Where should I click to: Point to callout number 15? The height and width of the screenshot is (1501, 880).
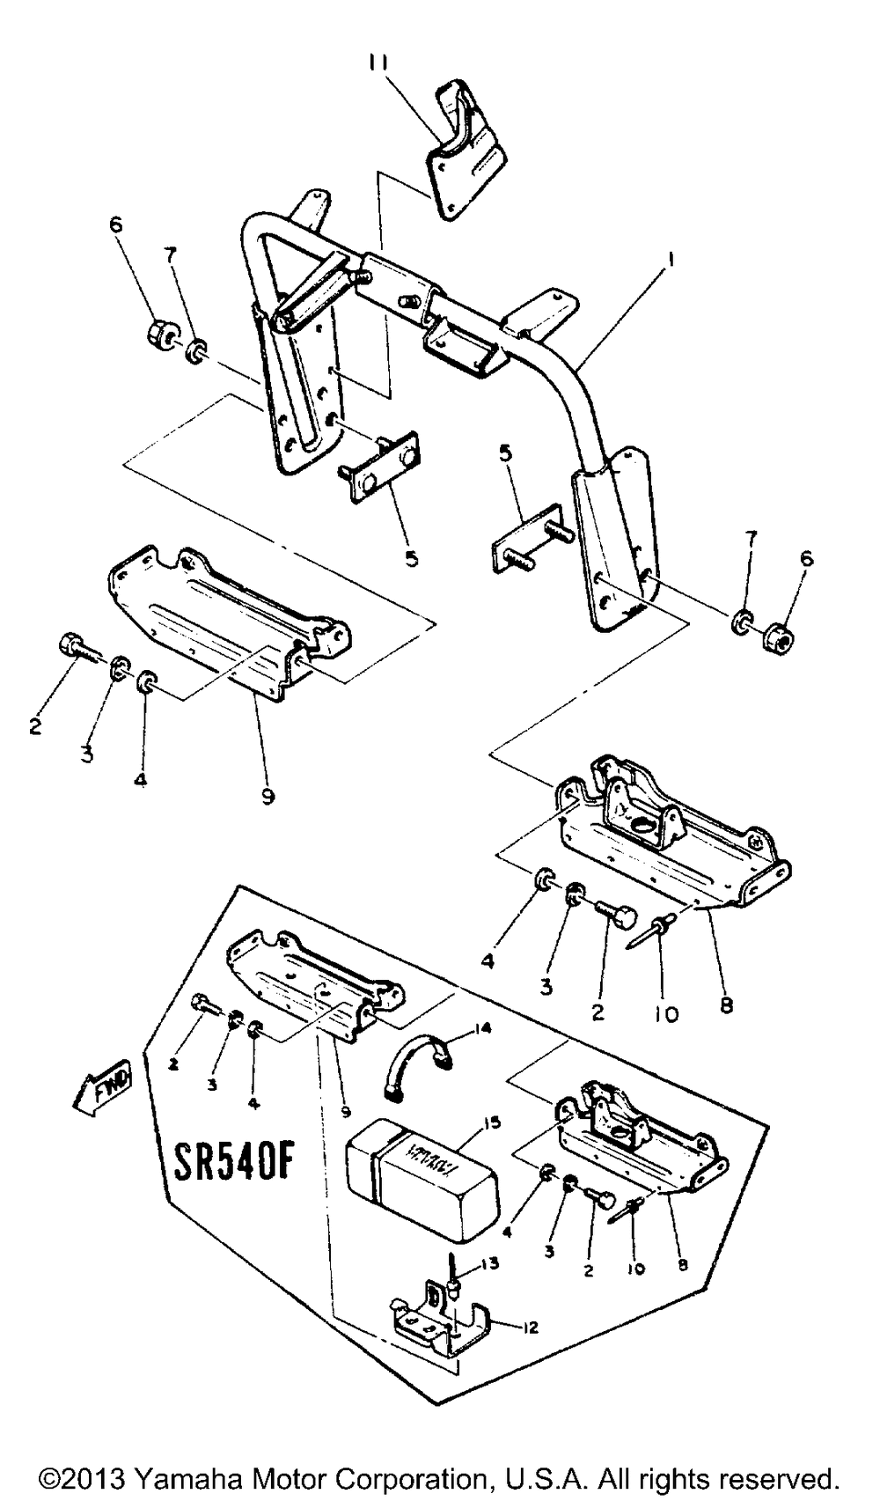click(489, 1124)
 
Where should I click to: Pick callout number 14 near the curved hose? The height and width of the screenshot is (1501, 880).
click(481, 1027)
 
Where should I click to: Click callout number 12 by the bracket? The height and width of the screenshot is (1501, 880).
click(529, 1328)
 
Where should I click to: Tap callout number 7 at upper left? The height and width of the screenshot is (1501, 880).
click(170, 256)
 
